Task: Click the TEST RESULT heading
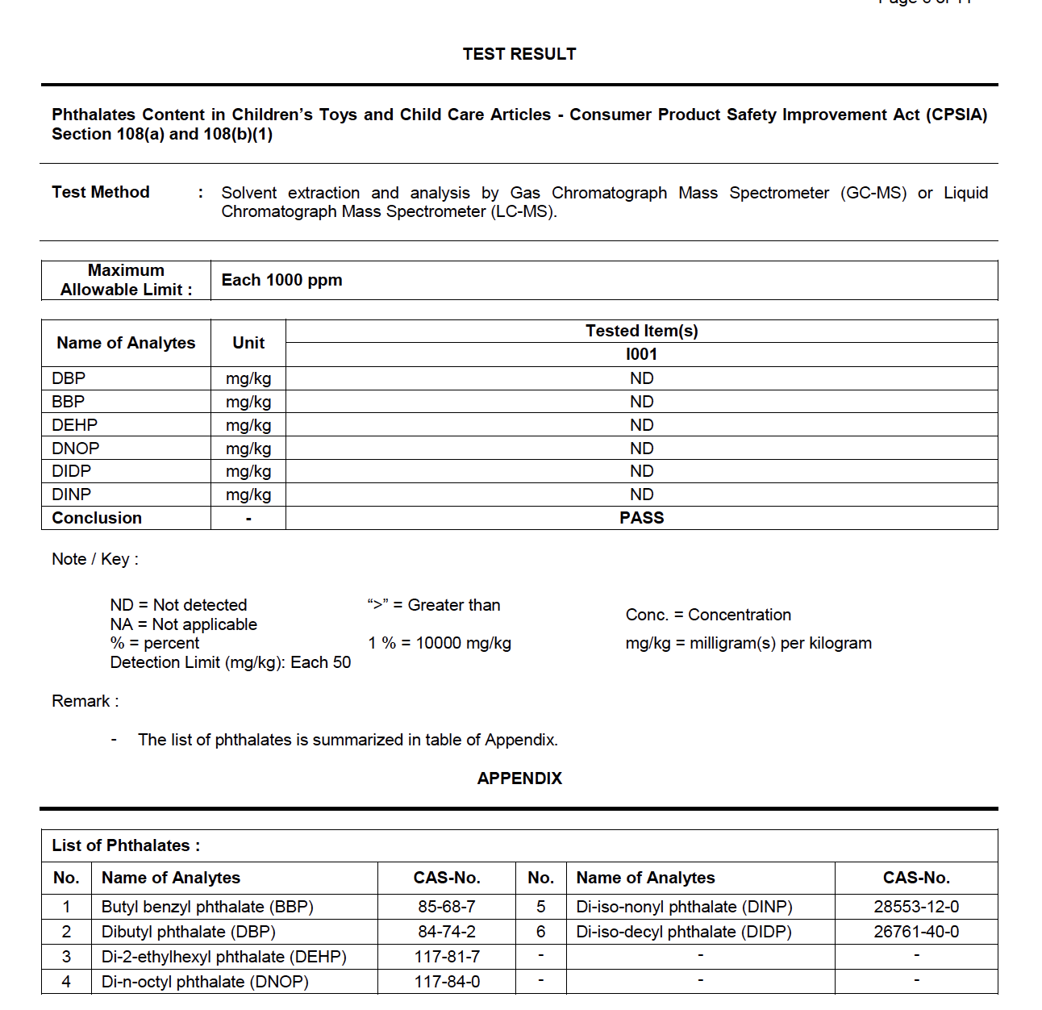(x=519, y=54)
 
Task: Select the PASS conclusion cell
(x=641, y=518)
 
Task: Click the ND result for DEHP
(x=641, y=425)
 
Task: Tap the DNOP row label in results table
(x=76, y=449)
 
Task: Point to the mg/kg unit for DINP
(x=248, y=495)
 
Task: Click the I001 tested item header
(x=641, y=354)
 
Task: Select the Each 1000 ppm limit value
(x=281, y=280)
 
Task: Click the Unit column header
(x=248, y=343)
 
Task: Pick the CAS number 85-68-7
(x=447, y=907)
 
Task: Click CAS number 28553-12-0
(x=916, y=907)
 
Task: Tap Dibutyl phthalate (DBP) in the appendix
(x=188, y=932)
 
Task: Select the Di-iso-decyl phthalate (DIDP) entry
(x=684, y=932)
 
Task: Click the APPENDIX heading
(x=519, y=778)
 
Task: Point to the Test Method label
(x=101, y=192)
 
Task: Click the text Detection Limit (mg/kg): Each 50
(x=231, y=662)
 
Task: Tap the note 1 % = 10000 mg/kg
(x=440, y=643)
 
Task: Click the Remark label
(x=85, y=701)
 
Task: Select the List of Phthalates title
(x=126, y=845)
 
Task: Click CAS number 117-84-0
(x=447, y=982)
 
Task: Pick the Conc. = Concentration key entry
(x=708, y=615)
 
